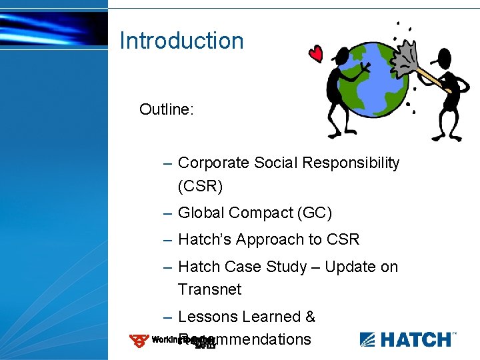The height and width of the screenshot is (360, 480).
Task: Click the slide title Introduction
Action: (x=181, y=41)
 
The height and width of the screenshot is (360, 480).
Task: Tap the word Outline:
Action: (x=167, y=109)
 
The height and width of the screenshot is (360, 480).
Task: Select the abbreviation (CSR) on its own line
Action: (x=200, y=186)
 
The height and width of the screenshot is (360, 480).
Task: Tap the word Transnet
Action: (x=209, y=290)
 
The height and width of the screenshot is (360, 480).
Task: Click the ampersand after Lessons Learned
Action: (x=309, y=317)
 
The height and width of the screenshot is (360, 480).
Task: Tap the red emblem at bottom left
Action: (x=139, y=341)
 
